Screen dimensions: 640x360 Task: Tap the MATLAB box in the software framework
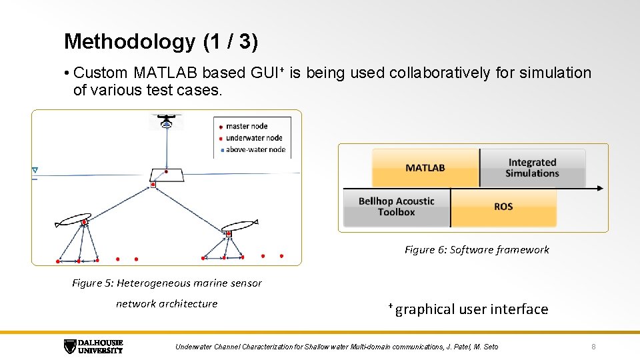(425, 168)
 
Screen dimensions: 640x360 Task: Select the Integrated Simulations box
(532, 168)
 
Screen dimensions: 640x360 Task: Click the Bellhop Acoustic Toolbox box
(396, 207)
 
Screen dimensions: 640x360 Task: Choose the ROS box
(503, 207)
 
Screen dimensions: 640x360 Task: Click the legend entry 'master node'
(247, 126)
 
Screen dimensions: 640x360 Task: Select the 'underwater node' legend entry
(254, 138)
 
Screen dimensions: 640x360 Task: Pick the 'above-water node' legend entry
(255, 149)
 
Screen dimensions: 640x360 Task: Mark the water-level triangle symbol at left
(35, 171)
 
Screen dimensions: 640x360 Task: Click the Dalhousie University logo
(93, 346)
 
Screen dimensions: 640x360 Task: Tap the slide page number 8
(594, 347)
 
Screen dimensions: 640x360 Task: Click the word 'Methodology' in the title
(129, 42)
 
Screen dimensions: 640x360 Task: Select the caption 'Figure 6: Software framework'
(477, 249)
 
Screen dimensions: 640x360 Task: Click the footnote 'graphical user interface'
(471, 309)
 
